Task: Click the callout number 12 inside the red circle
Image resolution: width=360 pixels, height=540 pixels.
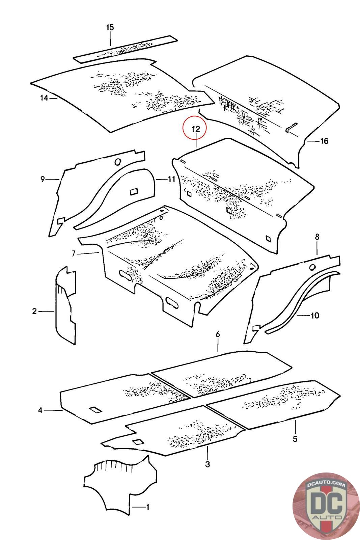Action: tap(196, 129)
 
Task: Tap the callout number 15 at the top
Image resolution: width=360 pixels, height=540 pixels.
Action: tap(110, 28)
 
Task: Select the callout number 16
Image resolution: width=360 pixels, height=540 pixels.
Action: tap(324, 141)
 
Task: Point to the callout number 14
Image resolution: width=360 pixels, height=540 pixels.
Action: tap(44, 98)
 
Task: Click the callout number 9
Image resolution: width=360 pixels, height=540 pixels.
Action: tap(43, 180)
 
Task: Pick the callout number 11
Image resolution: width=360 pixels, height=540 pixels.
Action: tap(171, 179)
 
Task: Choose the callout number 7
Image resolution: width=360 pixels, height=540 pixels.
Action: tap(74, 253)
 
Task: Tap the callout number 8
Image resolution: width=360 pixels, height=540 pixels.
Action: tap(317, 237)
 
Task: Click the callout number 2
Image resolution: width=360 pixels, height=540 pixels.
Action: tap(34, 311)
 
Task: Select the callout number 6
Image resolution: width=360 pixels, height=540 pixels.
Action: tap(218, 334)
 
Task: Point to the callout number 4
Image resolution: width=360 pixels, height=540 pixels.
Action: tap(40, 410)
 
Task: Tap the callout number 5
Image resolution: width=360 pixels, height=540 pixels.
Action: tap(295, 439)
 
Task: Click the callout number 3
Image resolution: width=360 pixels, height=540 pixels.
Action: tap(207, 464)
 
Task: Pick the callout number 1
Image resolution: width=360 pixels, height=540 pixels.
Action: tap(147, 507)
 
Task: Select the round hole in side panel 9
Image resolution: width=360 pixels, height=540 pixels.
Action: tap(117, 162)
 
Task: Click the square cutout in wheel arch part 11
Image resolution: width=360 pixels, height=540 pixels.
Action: tap(134, 191)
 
